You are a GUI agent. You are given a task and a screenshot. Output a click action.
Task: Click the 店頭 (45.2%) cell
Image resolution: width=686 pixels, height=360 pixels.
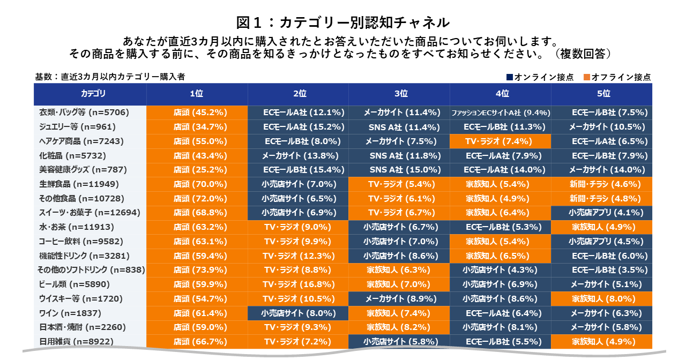[197, 112]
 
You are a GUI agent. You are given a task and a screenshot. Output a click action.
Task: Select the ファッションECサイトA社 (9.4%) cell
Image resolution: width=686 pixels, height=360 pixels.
[501, 112]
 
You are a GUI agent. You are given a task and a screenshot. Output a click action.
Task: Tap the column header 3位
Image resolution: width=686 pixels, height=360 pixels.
[399, 94]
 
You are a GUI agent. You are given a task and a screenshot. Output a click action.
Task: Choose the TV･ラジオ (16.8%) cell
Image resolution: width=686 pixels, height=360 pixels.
[298, 284]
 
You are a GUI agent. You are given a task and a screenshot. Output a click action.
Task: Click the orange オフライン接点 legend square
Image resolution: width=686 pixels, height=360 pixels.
[587, 77]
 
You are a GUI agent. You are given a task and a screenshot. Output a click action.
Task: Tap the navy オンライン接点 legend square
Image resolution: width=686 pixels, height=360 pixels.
[510, 77]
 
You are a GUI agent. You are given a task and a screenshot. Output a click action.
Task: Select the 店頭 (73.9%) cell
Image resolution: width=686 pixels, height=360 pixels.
[197, 269]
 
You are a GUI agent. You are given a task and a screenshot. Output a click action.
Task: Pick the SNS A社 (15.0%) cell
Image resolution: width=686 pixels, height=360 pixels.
[399, 169]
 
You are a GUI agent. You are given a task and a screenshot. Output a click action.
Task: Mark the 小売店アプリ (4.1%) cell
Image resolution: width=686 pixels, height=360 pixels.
[602, 212]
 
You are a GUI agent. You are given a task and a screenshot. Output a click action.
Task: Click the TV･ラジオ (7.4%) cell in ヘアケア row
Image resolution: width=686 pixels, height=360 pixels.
[501, 141]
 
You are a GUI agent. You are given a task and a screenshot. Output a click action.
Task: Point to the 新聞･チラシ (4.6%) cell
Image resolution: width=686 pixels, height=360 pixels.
[602, 184]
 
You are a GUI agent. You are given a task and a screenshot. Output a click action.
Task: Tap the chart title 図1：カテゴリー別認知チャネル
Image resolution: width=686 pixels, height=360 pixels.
[343, 22]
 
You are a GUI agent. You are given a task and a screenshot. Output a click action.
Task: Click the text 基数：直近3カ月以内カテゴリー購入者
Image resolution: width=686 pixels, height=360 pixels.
[110, 77]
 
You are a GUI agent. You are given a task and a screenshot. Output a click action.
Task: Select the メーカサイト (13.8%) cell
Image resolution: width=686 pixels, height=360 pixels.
[298, 155]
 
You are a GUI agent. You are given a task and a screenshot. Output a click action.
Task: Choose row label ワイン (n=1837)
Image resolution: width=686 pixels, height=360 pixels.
[70, 312]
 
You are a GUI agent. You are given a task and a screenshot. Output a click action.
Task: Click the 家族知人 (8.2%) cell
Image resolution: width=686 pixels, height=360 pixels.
[399, 327]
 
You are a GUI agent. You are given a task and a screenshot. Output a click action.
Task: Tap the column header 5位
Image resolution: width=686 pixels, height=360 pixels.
[602, 94]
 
